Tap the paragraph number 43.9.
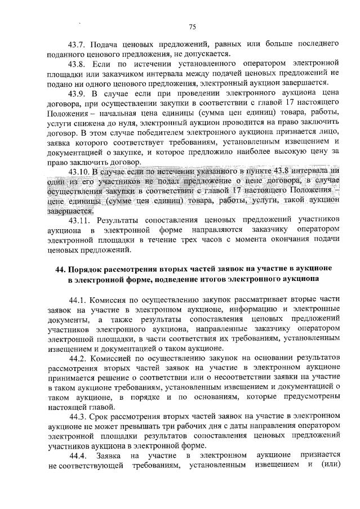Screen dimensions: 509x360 [77, 95]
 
